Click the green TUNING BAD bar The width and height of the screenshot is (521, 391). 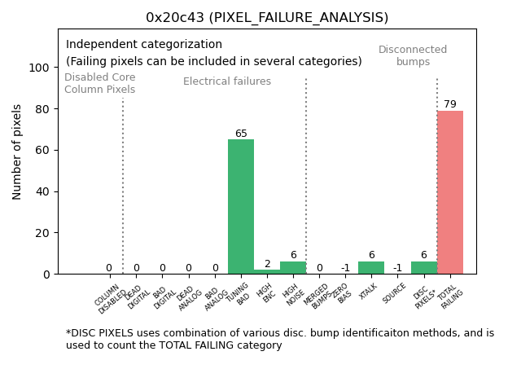point(241,207)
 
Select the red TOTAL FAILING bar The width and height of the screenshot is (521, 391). point(450,192)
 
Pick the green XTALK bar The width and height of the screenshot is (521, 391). point(371,268)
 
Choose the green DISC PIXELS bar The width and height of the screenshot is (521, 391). point(423,268)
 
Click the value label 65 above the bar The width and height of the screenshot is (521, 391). point(241,134)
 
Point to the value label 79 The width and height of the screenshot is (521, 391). point(450,104)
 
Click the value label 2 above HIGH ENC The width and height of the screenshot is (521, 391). point(267,264)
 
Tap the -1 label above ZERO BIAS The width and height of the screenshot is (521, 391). point(345,268)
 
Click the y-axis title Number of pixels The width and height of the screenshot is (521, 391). point(17,152)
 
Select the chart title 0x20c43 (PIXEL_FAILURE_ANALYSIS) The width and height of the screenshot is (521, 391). point(267,17)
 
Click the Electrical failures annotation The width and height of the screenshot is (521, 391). point(227,81)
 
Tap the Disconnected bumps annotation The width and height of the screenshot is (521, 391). point(413,55)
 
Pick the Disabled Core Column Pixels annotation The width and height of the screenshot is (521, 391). point(100,83)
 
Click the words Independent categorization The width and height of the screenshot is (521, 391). point(144,44)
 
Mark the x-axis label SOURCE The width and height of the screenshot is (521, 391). point(395,293)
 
